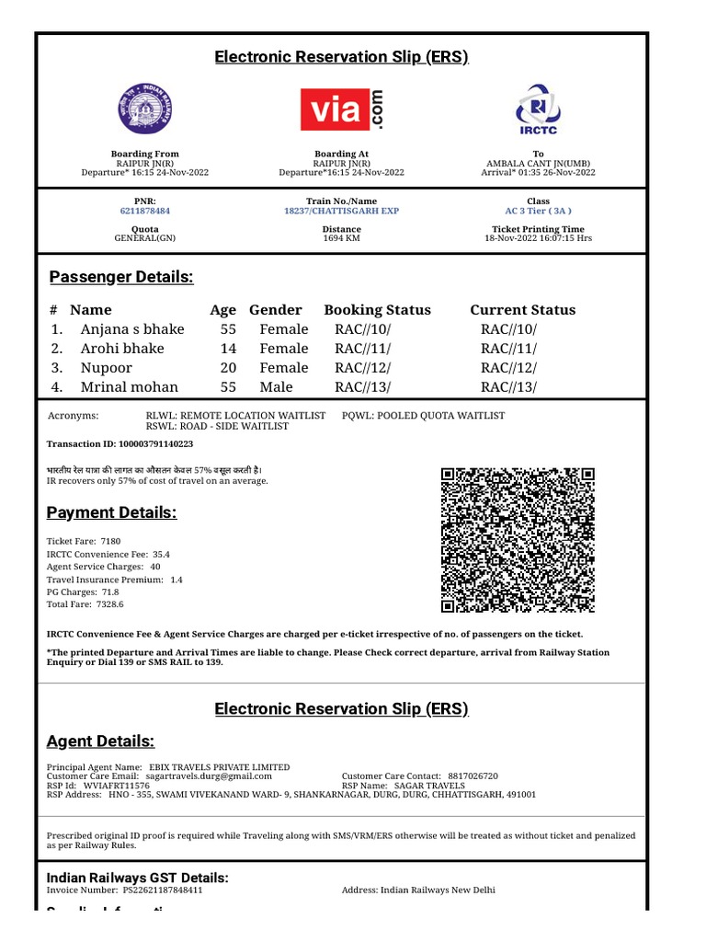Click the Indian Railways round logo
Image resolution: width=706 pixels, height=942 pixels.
point(144,109)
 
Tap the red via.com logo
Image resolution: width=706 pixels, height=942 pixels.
point(341,109)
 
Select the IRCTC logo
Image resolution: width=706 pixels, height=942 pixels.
point(538,109)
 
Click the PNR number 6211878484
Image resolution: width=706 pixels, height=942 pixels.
point(144,211)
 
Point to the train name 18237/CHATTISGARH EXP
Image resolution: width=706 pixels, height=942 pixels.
point(341,211)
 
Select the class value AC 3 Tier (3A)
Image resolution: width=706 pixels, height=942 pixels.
point(538,211)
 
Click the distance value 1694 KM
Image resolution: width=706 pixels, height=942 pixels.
point(341,238)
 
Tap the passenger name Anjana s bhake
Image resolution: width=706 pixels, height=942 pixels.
point(132,329)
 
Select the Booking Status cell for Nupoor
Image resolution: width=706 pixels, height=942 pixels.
point(362,368)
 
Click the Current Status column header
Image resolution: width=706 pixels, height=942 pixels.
point(522,310)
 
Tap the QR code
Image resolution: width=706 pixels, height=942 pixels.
point(518,540)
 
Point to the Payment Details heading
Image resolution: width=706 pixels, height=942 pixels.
point(111,512)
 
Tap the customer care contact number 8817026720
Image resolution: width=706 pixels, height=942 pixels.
point(473,776)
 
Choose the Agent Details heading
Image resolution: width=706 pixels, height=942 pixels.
point(100,741)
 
